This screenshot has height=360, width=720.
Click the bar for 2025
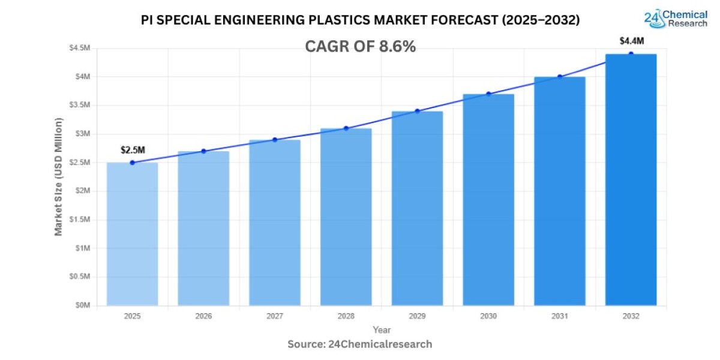click(x=132, y=234)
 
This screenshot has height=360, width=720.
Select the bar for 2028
click(x=346, y=217)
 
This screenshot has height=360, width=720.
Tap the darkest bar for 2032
click(x=631, y=180)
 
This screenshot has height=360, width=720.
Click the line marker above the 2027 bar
click(x=275, y=140)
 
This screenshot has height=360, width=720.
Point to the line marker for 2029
click(x=417, y=111)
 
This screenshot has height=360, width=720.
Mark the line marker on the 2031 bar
click(x=560, y=77)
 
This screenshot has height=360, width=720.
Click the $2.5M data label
click(x=132, y=149)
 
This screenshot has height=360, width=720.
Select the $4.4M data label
click(x=632, y=41)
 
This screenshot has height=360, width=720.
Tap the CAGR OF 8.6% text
click(x=360, y=47)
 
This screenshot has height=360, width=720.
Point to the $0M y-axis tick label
click(x=83, y=305)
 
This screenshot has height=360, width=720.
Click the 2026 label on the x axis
click(x=203, y=316)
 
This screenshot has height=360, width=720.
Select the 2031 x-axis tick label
click(x=560, y=316)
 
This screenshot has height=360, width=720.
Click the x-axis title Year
click(x=382, y=330)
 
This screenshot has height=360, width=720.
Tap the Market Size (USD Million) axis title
click(x=59, y=177)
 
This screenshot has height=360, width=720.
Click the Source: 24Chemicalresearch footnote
click(x=360, y=344)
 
